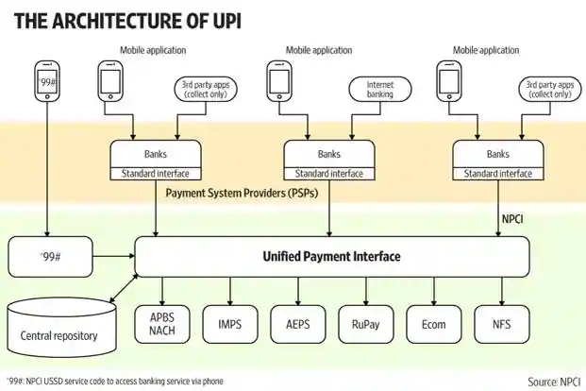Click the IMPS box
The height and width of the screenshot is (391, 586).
pyautogui.click(x=230, y=324)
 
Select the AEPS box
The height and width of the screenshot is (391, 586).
pyautogui.click(x=298, y=324)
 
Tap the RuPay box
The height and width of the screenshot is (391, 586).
pyautogui.click(x=366, y=324)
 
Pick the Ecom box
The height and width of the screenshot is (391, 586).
pyautogui.click(x=433, y=324)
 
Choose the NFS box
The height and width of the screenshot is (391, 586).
pyautogui.click(x=502, y=324)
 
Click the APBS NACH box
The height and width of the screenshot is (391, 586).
pyautogui.click(x=162, y=324)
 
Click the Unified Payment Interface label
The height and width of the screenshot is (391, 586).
pyautogui.click(x=331, y=256)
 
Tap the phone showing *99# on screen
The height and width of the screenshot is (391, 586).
pyautogui.click(x=47, y=81)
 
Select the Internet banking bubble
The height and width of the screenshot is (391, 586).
pyautogui.click(x=380, y=90)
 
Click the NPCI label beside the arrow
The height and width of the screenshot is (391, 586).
pyautogui.click(x=512, y=219)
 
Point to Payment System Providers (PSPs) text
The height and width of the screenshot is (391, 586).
pyautogui.click(x=242, y=193)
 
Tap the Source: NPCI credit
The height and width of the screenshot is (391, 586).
pyautogui.click(x=554, y=382)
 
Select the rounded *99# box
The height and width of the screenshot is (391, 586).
pyautogui.click(x=50, y=257)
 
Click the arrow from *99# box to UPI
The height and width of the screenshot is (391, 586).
pyautogui.click(x=113, y=256)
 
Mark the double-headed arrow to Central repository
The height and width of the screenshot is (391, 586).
pyautogui.click(x=124, y=288)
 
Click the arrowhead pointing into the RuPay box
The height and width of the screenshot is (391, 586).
pyautogui.click(x=366, y=302)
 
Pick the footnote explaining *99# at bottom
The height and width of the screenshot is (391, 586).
pyautogui.click(x=115, y=382)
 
